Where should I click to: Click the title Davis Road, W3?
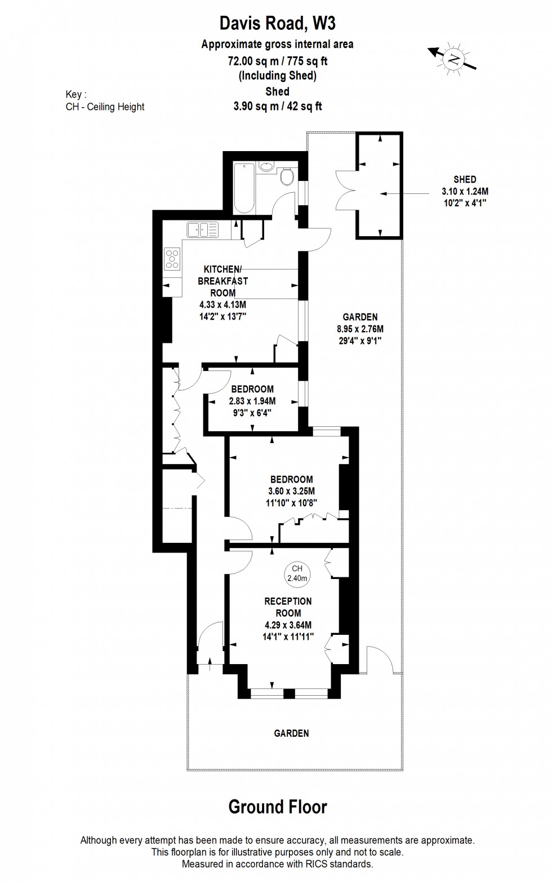tap(277, 24)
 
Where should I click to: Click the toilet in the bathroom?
tap(287, 176)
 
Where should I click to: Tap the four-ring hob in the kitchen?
tap(172, 259)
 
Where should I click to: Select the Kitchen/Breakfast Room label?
tap(222, 281)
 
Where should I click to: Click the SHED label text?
tap(465, 179)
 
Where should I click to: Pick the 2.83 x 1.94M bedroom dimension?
tap(252, 401)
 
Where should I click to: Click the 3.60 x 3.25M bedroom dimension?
tap(291, 491)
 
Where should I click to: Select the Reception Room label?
tap(288, 607)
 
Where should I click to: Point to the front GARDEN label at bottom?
tap(291, 733)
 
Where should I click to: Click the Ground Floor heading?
tap(277, 807)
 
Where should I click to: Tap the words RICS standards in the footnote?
tap(338, 864)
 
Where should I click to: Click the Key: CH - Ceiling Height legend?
tap(105, 101)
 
